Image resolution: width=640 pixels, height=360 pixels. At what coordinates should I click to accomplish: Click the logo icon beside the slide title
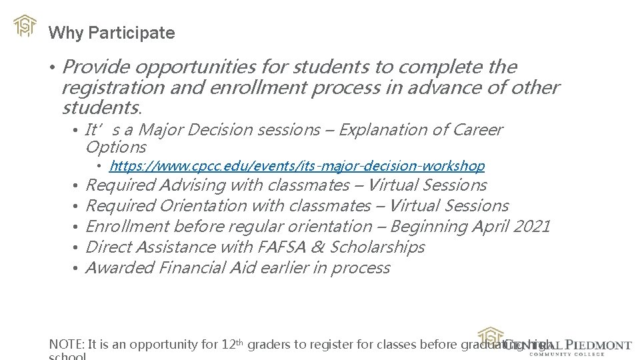coord(25,25)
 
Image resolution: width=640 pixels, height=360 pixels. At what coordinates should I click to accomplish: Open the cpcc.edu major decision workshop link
coord(297,165)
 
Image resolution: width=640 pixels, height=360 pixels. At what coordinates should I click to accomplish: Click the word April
coord(490,227)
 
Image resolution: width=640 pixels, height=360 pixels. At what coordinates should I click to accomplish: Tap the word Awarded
coord(121,268)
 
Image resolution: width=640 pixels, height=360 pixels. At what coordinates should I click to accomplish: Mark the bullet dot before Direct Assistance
coord(77,248)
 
